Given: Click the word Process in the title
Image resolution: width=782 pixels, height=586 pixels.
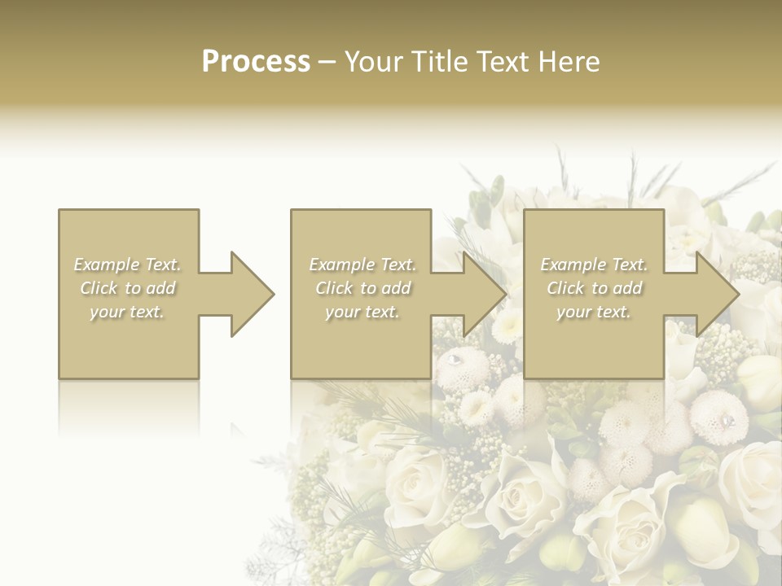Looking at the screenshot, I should tap(256, 62).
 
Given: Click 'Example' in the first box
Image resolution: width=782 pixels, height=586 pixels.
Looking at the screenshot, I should tap(106, 265).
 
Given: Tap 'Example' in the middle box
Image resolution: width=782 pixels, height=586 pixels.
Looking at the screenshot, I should tap(341, 265).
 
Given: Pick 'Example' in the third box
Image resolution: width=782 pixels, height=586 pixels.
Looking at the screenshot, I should tap(573, 265).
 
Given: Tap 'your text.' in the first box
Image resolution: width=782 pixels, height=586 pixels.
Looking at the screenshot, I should tap(127, 312).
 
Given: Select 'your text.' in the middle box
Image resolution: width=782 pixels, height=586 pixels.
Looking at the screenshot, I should tap(362, 312).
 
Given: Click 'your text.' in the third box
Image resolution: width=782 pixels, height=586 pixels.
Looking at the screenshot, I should tap(594, 312).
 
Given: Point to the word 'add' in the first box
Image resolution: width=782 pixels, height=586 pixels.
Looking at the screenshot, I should tap(160, 288).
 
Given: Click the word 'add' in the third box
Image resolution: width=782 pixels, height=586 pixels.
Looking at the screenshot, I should tap(627, 288).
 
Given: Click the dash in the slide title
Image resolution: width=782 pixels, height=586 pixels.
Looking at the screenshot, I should tap(327, 62).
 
